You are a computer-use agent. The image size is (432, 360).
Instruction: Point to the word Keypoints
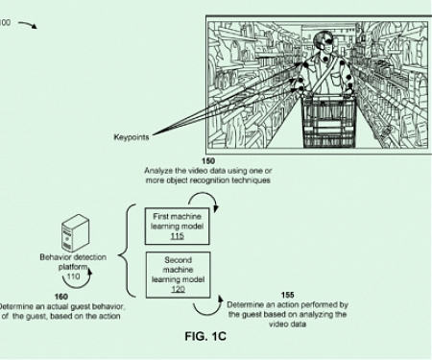[131, 137]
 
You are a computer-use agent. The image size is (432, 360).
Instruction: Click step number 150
[208, 160]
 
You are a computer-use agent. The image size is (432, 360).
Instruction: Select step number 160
[60, 297]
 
